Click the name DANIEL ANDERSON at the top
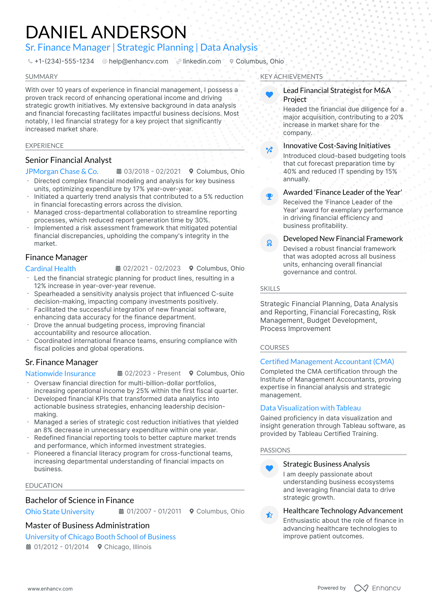(106, 32)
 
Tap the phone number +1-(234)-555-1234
(64, 61)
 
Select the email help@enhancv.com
(138, 61)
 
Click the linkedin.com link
(202, 61)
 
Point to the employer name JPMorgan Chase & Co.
(62, 171)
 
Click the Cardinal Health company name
(51, 269)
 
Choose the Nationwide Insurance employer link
(60, 374)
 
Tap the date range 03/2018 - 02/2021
(152, 171)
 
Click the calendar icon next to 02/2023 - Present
(120, 373)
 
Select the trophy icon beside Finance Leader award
(269, 197)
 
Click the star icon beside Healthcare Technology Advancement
(269, 515)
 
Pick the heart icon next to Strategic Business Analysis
(269, 468)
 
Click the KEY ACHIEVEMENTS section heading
(291, 77)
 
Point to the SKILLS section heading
(270, 289)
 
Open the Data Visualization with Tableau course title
(310, 408)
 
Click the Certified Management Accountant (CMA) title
(327, 362)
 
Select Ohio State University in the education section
(60, 512)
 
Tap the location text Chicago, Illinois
(127, 547)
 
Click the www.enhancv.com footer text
(50, 589)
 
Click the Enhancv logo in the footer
(377, 588)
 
